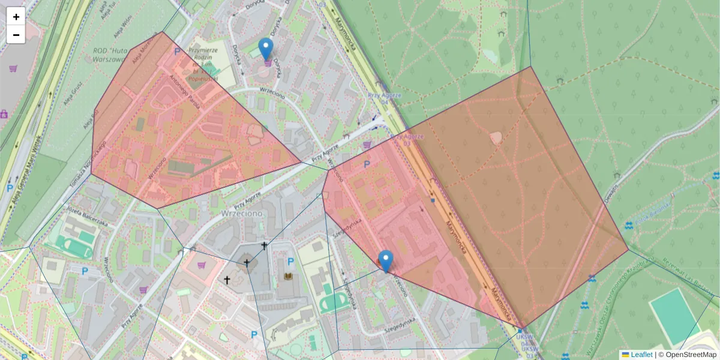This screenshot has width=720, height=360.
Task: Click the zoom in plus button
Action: (x=16, y=17)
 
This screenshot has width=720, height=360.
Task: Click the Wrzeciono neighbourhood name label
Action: (x=239, y=213)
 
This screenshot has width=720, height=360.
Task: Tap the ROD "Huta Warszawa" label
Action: (x=117, y=55)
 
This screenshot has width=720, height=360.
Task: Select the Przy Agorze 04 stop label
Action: (x=385, y=98)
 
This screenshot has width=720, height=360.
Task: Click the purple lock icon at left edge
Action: (x=4, y=113)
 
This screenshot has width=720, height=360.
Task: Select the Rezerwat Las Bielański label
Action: (x=690, y=273)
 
